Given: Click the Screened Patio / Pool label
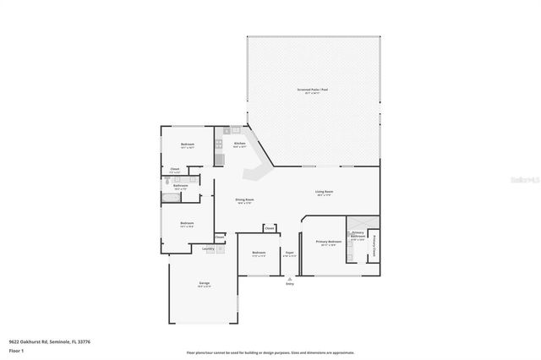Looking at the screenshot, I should point(314,89).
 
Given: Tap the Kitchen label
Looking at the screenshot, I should point(239,144).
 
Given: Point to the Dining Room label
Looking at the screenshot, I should point(245,199).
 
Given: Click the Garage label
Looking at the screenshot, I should point(204,282).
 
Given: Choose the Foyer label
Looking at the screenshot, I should point(289,252).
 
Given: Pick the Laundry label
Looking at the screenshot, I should point(208,248).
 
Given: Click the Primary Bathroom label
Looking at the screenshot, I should point(358,234).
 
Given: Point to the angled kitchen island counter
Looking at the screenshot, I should point(254,173).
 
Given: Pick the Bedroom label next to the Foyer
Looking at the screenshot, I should point(258,252).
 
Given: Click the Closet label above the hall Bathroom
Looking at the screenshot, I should point(175,169).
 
